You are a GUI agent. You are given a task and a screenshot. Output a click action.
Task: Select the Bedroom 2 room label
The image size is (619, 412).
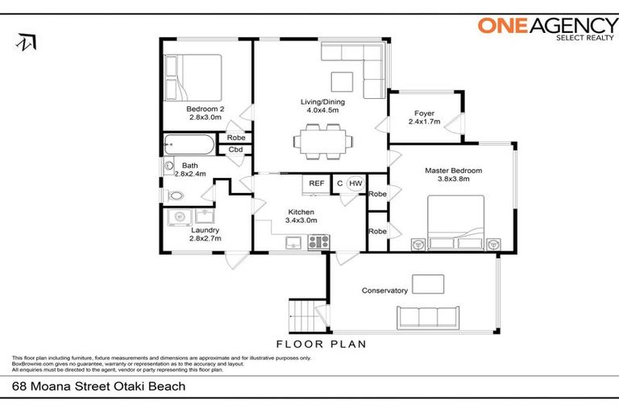(x=205, y=113)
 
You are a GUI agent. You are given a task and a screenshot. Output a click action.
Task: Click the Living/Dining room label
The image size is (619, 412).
(x=321, y=105)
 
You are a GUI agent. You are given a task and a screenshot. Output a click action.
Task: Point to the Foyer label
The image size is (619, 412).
(x=425, y=117)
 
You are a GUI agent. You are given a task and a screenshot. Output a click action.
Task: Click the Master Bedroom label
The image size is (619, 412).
(x=454, y=175)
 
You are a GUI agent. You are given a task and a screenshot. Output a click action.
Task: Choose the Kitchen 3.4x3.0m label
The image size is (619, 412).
(x=302, y=216)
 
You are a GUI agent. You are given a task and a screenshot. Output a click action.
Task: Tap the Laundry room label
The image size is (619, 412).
(x=204, y=233)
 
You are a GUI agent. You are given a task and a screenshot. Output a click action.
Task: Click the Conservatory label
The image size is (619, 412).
(x=384, y=290)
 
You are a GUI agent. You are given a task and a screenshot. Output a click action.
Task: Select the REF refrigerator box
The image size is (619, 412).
(x=317, y=183)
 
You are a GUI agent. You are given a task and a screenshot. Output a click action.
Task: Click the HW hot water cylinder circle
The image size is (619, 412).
(x=355, y=183)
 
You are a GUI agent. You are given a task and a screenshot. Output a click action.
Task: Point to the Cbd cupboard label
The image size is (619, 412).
(x=235, y=150)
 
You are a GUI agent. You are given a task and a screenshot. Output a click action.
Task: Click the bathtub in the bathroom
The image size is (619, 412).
(x=188, y=146)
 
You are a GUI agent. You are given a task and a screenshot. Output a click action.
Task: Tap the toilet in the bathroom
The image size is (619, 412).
(x=175, y=196)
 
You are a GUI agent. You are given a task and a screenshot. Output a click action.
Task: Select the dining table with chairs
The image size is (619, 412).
(x=323, y=142)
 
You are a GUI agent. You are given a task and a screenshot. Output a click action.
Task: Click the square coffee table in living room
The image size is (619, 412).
(x=341, y=82)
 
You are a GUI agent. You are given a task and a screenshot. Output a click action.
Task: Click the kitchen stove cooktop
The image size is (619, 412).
(x=318, y=241)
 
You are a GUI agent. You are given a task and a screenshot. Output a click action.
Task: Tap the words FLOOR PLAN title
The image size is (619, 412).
(x=321, y=344)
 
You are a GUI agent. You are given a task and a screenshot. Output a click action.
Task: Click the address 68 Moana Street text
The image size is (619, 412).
(x=99, y=386)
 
